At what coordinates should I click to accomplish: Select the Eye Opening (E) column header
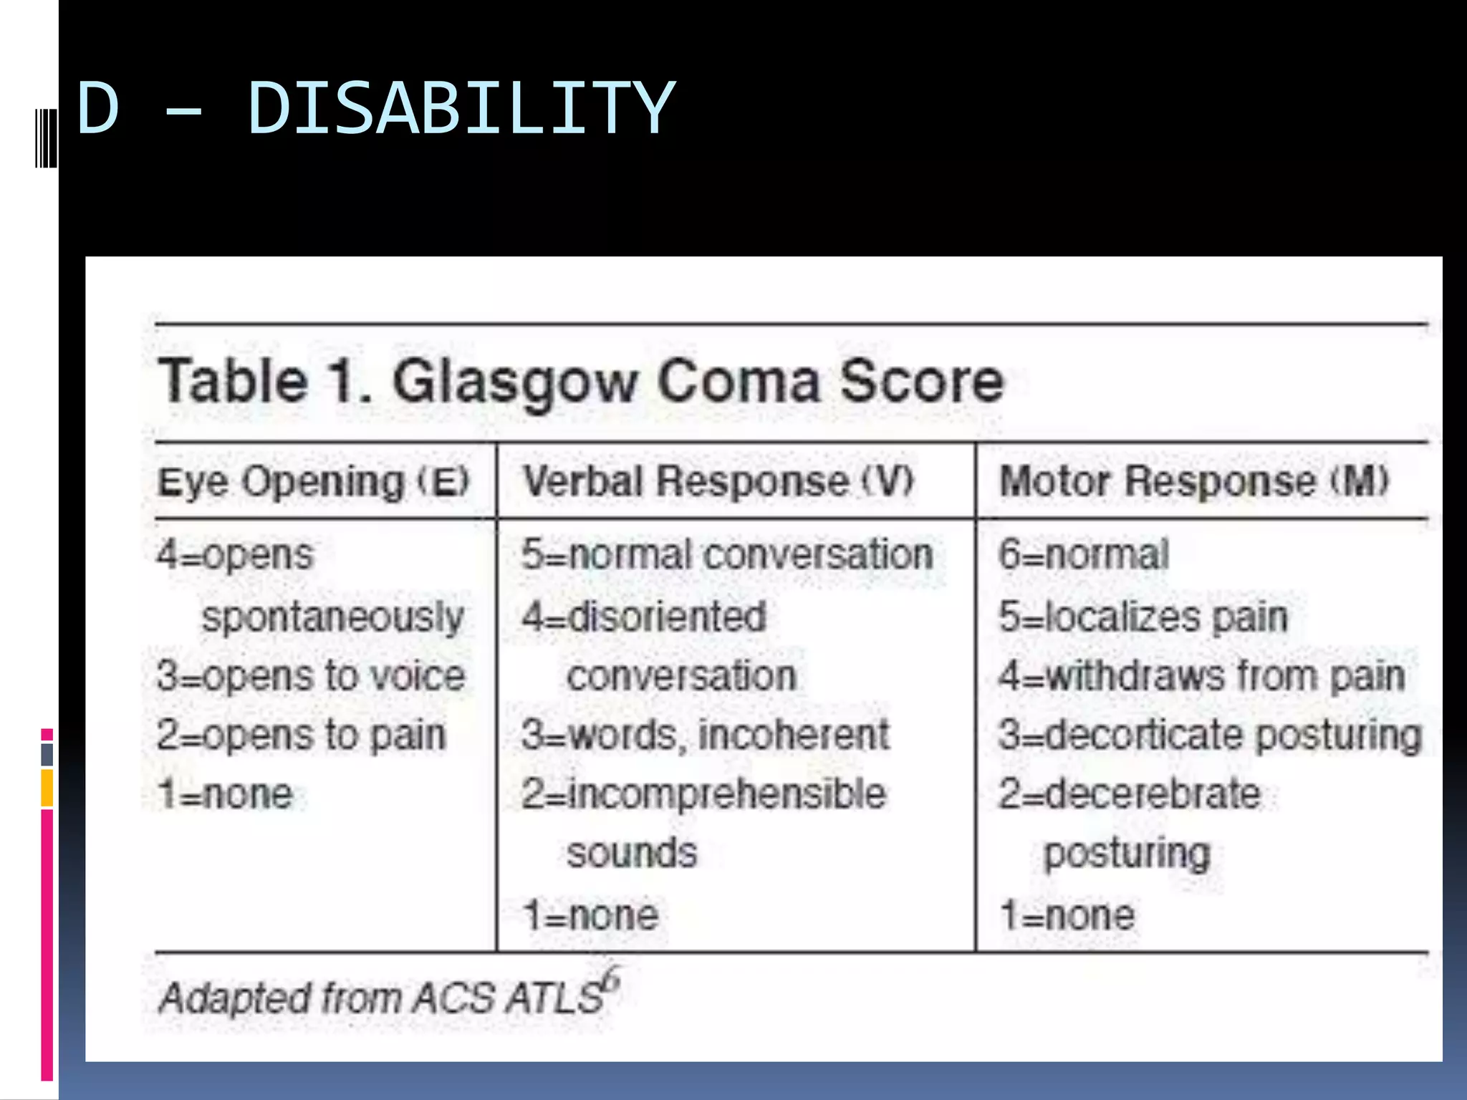(x=313, y=481)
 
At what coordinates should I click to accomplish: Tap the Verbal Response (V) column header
(x=718, y=481)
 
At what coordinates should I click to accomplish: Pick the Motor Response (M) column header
(x=1194, y=481)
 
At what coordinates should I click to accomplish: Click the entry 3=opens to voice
(x=311, y=676)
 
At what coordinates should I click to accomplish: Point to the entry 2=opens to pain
(x=301, y=735)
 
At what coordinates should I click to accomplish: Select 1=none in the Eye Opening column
(x=225, y=794)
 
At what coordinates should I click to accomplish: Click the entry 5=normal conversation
(x=727, y=555)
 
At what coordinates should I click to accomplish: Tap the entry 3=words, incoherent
(x=706, y=735)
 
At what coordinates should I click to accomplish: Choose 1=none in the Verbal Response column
(x=590, y=915)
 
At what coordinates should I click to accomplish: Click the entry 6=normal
(x=1084, y=555)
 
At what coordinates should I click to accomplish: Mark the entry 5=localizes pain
(x=1143, y=617)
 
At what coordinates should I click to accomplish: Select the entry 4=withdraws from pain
(x=1201, y=676)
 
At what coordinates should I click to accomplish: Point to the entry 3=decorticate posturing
(x=1210, y=735)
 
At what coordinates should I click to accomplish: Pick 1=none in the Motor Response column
(x=1067, y=915)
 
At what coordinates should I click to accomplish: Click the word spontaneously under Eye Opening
(x=332, y=617)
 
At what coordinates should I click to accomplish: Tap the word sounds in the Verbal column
(x=631, y=853)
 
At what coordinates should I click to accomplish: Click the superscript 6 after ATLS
(x=611, y=978)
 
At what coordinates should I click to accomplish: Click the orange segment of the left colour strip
(x=47, y=788)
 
